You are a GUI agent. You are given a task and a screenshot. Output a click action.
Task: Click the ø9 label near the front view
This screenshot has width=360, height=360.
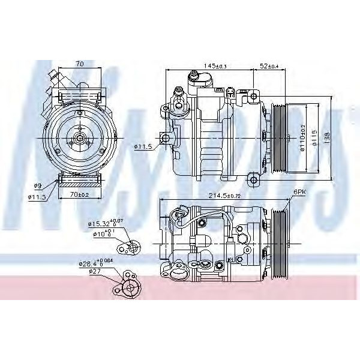37,185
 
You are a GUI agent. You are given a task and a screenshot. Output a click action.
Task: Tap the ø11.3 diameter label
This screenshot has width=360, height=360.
37,195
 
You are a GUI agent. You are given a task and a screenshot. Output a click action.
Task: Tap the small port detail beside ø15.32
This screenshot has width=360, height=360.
130,246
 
